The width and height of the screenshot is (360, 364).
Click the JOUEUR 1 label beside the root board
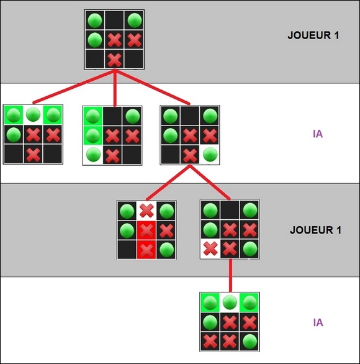coord(313,35)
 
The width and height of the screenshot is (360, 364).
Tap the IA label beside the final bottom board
coord(318,322)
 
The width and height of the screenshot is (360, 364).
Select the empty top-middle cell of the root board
coord(114,20)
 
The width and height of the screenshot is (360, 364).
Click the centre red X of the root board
coord(114,40)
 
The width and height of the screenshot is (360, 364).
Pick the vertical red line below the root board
coord(115,88)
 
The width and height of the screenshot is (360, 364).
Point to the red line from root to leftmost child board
coord(74,86)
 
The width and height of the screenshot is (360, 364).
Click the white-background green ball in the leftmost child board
coord(33,114)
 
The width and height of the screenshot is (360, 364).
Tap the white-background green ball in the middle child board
coord(93,155)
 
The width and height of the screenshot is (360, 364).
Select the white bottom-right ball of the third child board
coord(210,154)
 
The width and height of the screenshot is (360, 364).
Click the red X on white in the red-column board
coord(146,211)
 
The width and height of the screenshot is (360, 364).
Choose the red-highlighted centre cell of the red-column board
coord(146,230)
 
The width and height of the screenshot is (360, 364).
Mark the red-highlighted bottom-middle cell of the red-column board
coord(146,250)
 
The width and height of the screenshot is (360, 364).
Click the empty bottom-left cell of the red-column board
coord(127,250)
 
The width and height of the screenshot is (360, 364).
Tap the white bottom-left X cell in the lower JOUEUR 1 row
coord(210,248)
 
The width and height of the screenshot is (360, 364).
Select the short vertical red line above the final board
coord(230,275)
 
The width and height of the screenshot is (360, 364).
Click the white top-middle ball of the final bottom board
coord(230,303)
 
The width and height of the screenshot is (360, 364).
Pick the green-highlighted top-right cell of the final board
coord(250,303)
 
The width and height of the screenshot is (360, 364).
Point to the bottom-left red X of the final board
coord(210,341)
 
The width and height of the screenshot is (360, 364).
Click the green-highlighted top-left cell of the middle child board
coord(92,116)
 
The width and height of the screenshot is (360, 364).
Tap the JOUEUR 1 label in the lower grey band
coord(315,230)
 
